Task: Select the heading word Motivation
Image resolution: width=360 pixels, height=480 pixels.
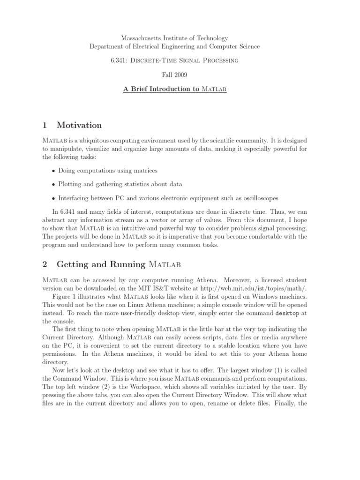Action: click(79, 125)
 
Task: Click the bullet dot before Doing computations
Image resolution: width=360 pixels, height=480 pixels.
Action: click(54, 171)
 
